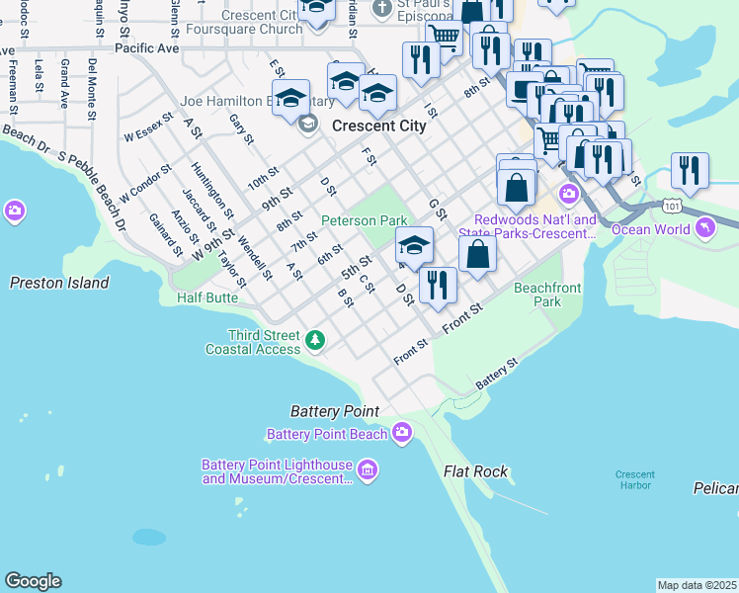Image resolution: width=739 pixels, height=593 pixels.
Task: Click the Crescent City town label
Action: [379, 126]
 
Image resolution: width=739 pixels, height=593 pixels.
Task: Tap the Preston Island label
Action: [59, 283]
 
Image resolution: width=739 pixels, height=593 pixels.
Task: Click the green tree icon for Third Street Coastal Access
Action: [315, 341]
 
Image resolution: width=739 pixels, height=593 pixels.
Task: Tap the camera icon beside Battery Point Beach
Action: [402, 432]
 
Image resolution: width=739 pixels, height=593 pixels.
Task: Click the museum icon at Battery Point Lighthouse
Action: [368, 468]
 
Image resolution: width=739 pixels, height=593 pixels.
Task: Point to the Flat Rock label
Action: [475, 471]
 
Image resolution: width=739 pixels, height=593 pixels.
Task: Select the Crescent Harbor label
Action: [634, 479]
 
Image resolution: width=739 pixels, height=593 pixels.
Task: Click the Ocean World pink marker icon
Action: [704, 229]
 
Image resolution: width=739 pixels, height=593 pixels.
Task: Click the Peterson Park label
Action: [365, 219]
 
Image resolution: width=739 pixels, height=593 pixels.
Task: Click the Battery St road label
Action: [496, 372]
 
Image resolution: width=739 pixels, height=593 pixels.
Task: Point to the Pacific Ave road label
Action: [146, 47]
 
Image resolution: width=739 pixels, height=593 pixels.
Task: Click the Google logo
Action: [33, 581]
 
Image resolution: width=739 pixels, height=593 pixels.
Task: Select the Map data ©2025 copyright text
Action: [697, 585]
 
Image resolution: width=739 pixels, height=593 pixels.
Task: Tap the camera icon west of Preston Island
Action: [15, 211]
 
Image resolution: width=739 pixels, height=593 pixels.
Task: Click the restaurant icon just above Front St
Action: [438, 284]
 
